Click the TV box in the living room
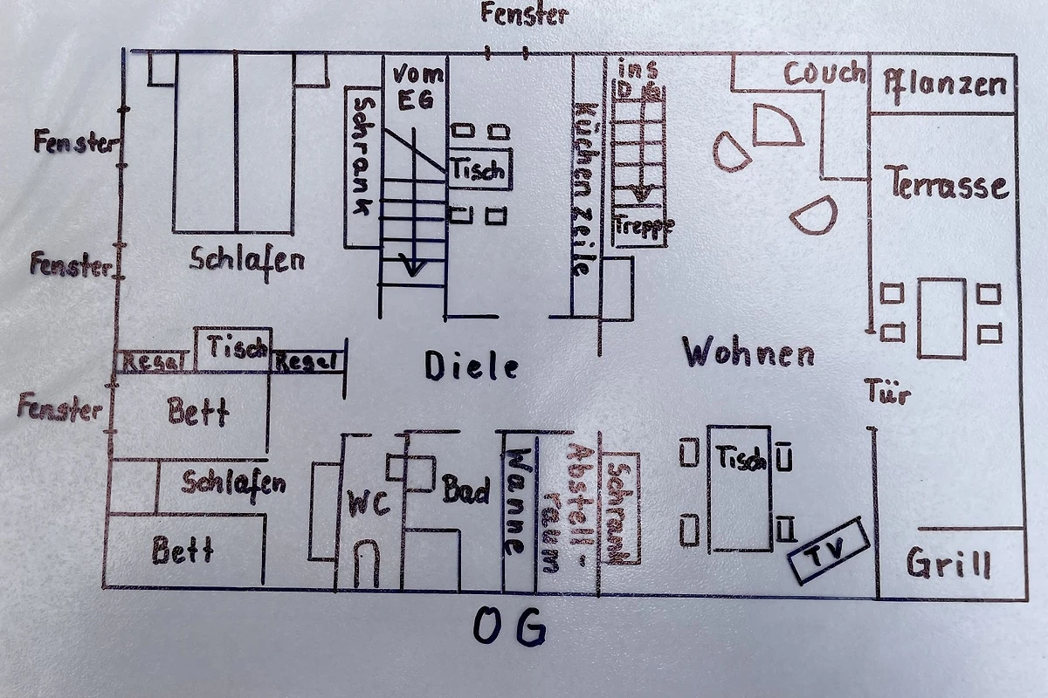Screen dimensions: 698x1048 coord(828,552)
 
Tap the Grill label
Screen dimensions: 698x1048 coord(948,564)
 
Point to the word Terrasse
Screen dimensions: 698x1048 coord(948,185)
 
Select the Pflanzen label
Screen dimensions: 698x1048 coord(945,85)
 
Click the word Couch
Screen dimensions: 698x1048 coord(824,73)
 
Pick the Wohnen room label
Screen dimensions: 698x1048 coord(748,353)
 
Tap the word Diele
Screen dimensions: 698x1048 coord(472,366)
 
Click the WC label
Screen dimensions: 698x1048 coord(369,503)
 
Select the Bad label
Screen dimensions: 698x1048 coord(465,489)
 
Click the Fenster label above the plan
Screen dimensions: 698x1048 coord(524,14)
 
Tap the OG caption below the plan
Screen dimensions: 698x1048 coord(511,626)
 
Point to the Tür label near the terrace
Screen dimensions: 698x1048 coord(888,392)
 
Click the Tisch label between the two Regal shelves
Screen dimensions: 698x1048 coord(238,347)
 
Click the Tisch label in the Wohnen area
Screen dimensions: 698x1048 coord(741,457)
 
